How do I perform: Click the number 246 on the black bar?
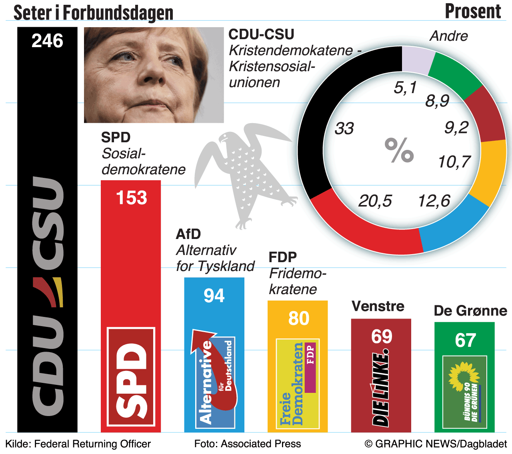[47, 41]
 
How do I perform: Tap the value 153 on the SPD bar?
[131, 198]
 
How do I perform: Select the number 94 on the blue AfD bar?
[214, 296]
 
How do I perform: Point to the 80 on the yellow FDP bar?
[298, 319]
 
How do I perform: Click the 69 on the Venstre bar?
[382, 337]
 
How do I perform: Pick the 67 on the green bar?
[465, 340]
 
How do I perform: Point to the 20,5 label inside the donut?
[375, 201]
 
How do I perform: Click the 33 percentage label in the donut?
[344, 129]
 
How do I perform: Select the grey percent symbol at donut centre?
[399, 150]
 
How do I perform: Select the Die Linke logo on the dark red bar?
[381, 390]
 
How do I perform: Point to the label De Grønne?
[470, 311]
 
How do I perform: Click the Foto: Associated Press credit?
[247, 444]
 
